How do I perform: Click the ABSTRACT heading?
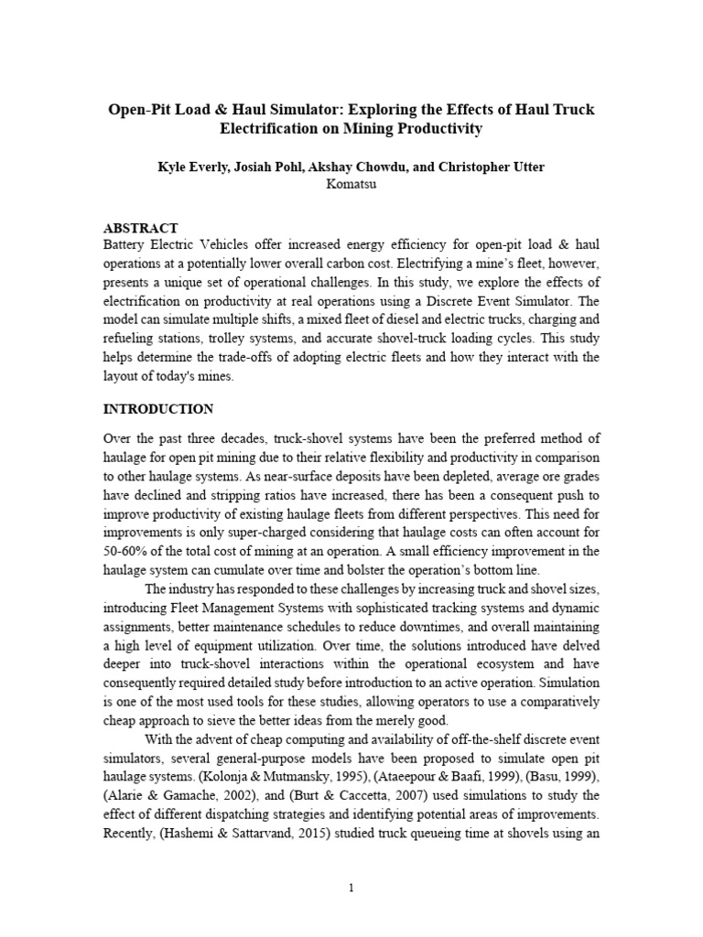point(141,228)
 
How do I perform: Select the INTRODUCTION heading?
point(158,408)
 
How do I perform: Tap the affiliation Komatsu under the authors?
point(351,184)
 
